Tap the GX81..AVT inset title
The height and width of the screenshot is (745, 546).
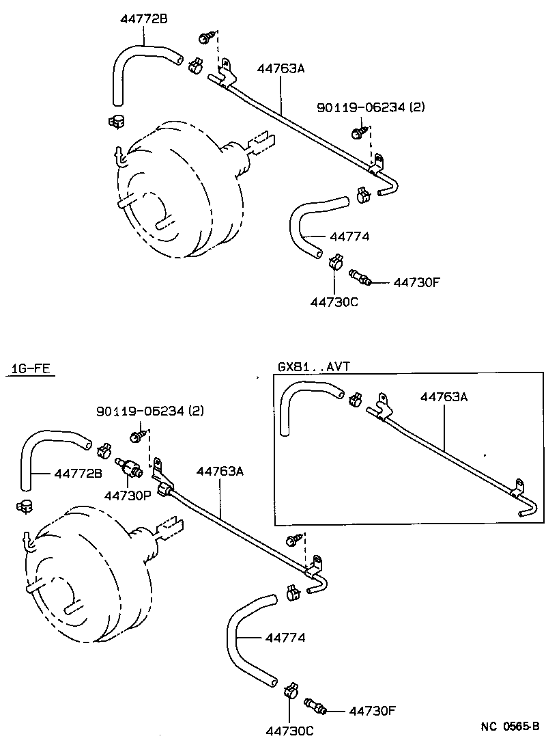(313, 366)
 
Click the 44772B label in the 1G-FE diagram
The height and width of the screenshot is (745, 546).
(78, 473)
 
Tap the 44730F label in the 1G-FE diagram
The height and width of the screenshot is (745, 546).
(372, 710)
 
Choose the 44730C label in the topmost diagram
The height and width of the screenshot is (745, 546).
(334, 301)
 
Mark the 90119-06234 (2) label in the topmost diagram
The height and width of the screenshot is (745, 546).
(371, 107)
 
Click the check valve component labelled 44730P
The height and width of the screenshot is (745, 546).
(129, 468)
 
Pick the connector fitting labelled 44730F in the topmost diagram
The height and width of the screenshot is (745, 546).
(360, 277)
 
